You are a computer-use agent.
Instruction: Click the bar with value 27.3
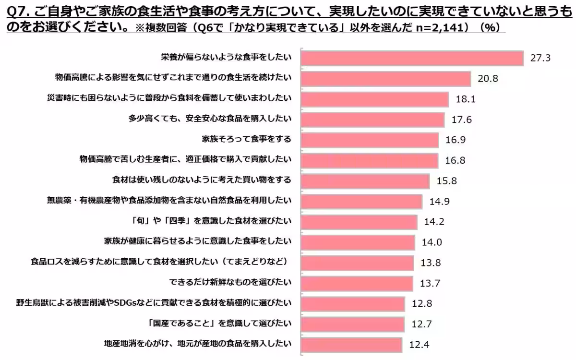point(412,58)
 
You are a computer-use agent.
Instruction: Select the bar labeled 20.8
point(385,78)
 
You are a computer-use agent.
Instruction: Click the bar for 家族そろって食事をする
point(370,140)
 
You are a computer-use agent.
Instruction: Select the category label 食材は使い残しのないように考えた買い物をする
point(201,180)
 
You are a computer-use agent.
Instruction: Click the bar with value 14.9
point(361,201)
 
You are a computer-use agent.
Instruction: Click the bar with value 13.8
point(357,263)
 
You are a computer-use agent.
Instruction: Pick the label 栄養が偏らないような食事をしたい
point(226,58)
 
